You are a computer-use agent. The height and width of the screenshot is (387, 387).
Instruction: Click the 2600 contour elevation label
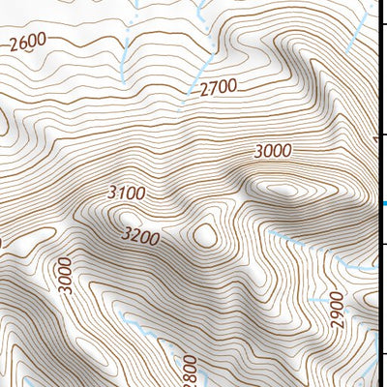[28, 43]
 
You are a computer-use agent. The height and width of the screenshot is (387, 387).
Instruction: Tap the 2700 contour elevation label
[218, 89]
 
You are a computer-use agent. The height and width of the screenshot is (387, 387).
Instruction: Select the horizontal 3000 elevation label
[272, 151]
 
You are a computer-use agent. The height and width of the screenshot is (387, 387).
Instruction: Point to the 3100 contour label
[127, 193]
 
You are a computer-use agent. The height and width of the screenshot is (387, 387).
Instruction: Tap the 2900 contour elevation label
[337, 311]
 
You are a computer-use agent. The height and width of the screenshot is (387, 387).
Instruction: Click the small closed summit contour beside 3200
[205, 234]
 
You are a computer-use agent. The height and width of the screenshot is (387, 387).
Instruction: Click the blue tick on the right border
[382, 203]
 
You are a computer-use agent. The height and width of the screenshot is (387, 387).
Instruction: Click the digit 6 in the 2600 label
[22, 43]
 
